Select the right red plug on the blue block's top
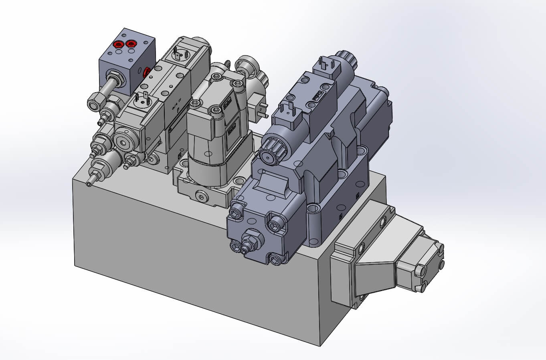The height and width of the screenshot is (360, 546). click(131, 43)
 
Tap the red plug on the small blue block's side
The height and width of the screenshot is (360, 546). click(146, 73)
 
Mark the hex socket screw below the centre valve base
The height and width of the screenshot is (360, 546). click(200, 195)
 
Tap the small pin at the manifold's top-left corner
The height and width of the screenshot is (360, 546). click(89, 184)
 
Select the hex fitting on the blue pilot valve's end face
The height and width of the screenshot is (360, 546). click(251, 240)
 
